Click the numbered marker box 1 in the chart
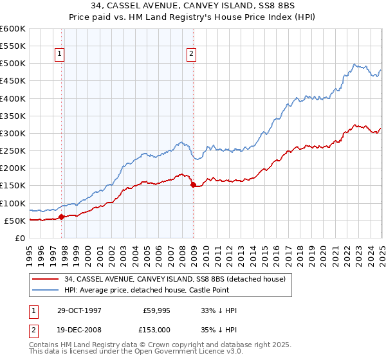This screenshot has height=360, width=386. pyautogui.click(x=59, y=55)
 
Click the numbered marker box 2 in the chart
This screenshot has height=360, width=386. pyautogui.click(x=192, y=55)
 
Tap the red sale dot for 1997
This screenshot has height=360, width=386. pyautogui.click(x=62, y=217)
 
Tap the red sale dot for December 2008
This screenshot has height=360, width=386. pyautogui.click(x=193, y=184)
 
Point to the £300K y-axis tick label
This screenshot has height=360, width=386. pyautogui.click(x=13, y=133)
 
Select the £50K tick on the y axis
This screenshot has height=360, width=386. pyautogui.click(x=15, y=221)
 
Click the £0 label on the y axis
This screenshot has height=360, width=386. pyautogui.click(x=21, y=238)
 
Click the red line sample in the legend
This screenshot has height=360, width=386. pyautogui.click(x=46, y=279)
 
